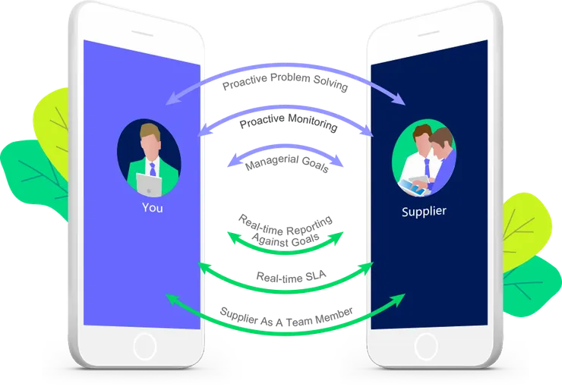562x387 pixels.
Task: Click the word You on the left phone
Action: click(152, 207)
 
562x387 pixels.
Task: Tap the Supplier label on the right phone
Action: click(424, 212)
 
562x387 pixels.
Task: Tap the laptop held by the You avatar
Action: click(148, 182)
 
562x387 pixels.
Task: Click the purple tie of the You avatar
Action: click(153, 168)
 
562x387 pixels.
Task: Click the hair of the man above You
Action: click(150, 131)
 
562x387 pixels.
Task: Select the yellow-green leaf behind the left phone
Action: click(53, 118)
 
